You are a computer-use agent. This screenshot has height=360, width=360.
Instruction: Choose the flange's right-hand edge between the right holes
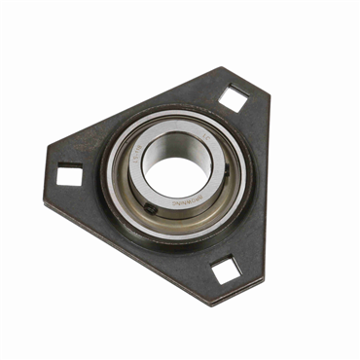[x=261, y=185]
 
